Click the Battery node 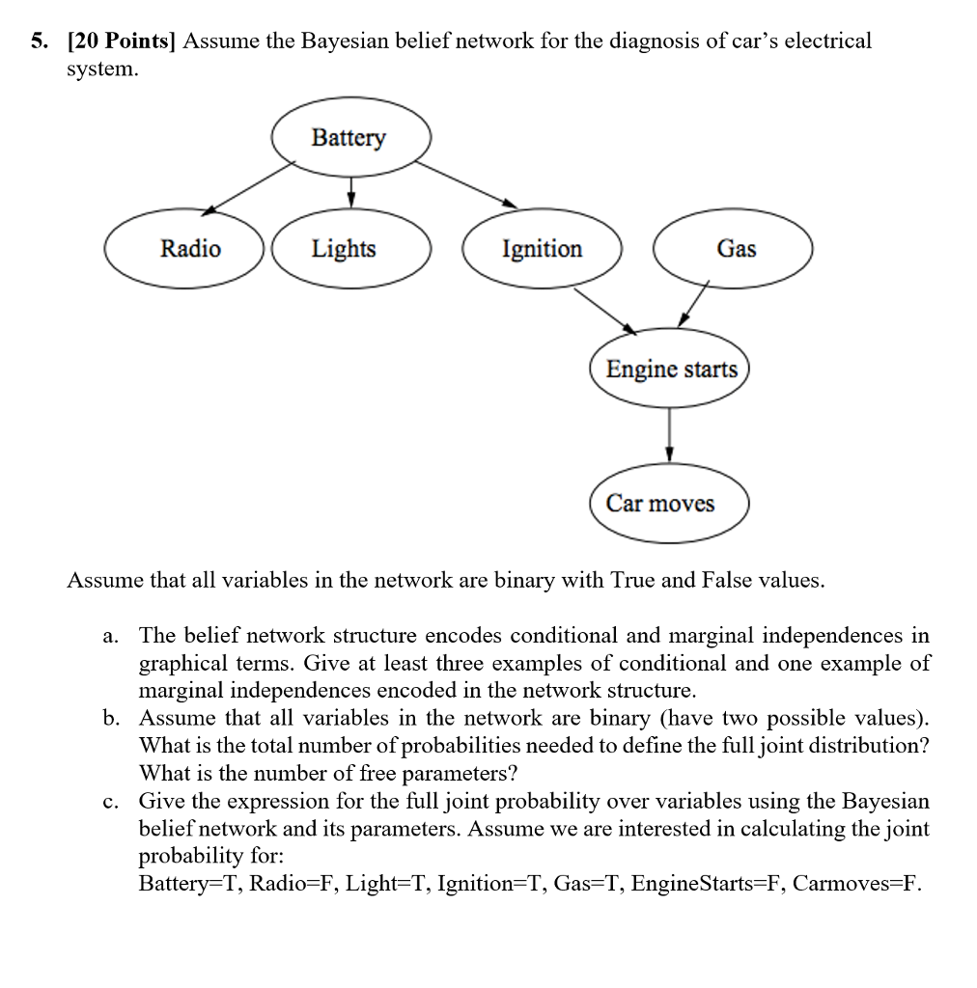pos(349,138)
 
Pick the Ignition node pos(542,249)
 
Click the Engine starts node pos(670,370)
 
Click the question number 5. pos(37,41)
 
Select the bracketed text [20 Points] pos(121,41)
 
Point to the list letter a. pos(111,637)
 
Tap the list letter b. pos(111,719)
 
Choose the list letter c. pos(111,802)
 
